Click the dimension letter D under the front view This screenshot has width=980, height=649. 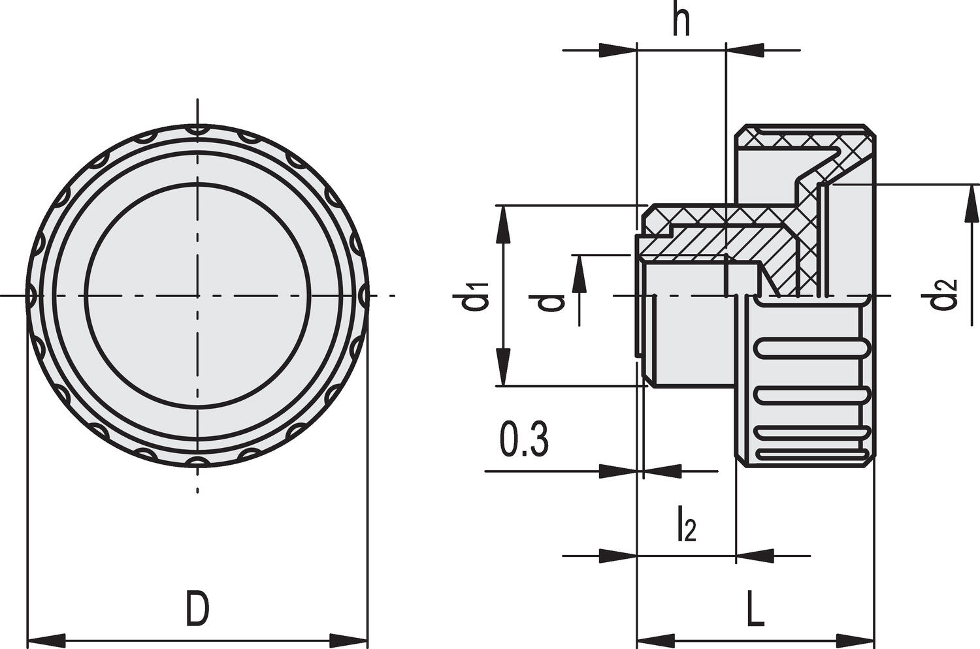pyautogui.click(x=198, y=609)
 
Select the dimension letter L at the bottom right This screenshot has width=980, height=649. pyautogui.click(x=755, y=609)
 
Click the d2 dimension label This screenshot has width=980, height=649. pyautogui.click(x=945, y=296)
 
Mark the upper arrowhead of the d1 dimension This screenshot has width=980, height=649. pyautogui.click(x=504, y=224)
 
